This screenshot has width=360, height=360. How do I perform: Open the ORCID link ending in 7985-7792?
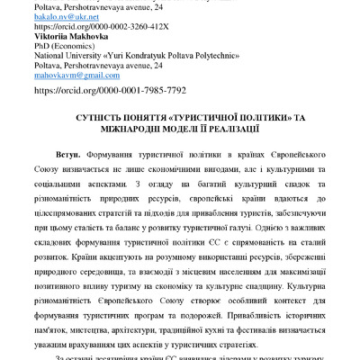[x=109, y=90]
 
